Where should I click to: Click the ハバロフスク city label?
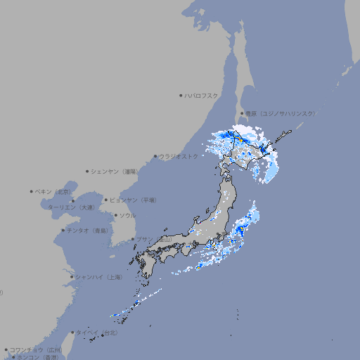point(202,95)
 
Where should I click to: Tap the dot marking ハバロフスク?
point(181,95)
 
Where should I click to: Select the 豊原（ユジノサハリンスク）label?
point(281,113)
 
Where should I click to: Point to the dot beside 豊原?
point(242,113)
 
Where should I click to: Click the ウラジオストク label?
point(179,156)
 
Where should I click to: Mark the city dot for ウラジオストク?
point(155,156)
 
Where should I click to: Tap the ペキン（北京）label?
point(53,191)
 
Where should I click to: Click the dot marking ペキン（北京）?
point(32,191)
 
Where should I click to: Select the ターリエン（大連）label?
point(71,207)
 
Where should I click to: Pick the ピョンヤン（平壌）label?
point(134,200)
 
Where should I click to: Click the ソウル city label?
point(127,215)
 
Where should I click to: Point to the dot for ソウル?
point(115,215)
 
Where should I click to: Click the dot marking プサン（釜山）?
point(133,239)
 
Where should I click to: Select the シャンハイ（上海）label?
point(99,277)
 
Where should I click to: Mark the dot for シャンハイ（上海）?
point(72,277)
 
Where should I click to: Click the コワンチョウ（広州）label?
point(36,349)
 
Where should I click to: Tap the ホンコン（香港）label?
point(38,357)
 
